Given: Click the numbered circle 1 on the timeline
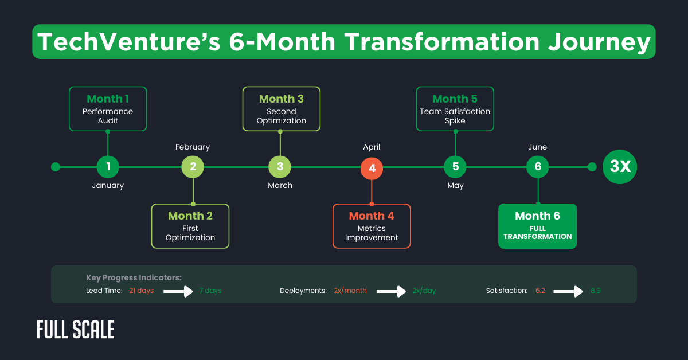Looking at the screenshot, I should (x=108, y=167).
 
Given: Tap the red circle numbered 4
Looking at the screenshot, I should (x=372, y=168).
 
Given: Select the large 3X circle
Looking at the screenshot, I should (x=620, y=167).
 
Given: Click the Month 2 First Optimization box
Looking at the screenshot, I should (x=190, y=226).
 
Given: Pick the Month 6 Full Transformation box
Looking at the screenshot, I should (x=537, y=226).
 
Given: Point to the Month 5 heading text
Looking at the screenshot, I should (x=455, y=99).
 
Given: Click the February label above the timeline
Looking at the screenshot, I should (x=193, y=147).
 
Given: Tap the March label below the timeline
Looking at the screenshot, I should (x=280, y=185).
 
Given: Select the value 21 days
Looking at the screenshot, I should (x=141, y=291).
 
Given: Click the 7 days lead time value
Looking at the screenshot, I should (x=210, y=291).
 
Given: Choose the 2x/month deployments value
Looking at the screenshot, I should (x=350, y=291).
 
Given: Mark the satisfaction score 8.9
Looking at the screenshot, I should (x=595, y=291).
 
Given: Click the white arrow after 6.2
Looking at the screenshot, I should (x=567, y=291).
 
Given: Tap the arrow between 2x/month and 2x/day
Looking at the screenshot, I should (x=391, y=291).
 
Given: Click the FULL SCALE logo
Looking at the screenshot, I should (x=75, y=330).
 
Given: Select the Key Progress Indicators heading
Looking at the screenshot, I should (x=134, y=278).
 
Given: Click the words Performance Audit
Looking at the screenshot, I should (x=108, y=116).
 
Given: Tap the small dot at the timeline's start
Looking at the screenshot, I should (x=56, y=167).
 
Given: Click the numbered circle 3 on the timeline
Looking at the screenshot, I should (x=280, y=167).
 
